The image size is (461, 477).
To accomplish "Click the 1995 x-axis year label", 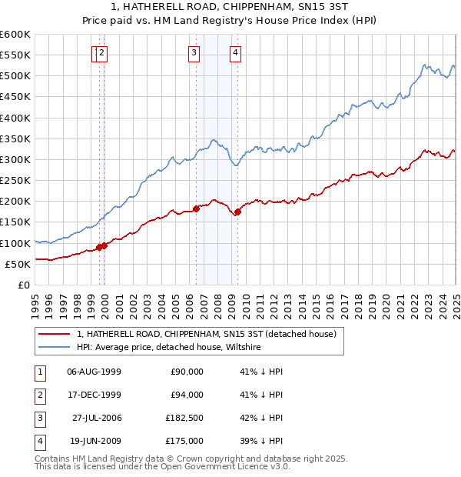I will [35, 299].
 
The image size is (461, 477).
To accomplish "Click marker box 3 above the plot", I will [194, 52].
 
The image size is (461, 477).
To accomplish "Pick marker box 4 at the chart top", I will [235, 52].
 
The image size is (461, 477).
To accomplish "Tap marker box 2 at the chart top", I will [102, 52].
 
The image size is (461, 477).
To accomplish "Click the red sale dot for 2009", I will [237, 212].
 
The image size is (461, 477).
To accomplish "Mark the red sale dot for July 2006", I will [197, 208].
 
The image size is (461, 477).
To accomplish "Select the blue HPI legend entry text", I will [169, 348].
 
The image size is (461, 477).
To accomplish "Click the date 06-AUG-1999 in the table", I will [95, 372].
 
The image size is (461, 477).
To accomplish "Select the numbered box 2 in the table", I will [38, 395].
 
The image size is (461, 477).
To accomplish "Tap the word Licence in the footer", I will [258, 466].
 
